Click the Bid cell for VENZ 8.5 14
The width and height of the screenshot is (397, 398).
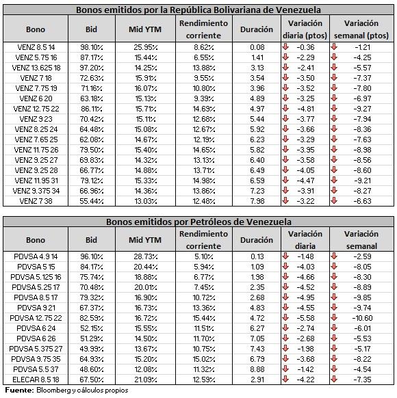pos(92,47)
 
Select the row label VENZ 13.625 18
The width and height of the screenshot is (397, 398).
pos(36,68)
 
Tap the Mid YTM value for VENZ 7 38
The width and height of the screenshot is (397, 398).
pos(146,201)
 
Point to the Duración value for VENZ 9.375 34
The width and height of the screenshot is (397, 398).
pos(257,191)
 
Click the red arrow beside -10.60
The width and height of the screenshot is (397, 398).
pos(334,317)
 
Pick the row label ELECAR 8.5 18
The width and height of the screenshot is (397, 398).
pos(36,380)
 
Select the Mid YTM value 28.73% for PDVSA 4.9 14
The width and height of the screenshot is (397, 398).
pos(146,256)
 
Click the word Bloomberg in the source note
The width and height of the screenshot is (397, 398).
pos(54,390)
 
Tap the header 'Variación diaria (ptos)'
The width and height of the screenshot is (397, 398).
pos(305,29)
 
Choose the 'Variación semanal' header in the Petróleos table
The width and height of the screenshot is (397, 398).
pos(361,240)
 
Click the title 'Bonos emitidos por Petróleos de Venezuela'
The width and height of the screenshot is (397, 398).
pos(198,222)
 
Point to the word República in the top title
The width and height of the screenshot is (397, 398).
pos(191,10)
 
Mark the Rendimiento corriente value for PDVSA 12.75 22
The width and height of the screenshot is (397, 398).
pos(204,318)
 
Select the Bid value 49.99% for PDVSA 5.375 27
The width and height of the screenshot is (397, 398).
pos(92,349)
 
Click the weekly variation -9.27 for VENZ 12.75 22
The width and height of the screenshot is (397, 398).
pos(363,109)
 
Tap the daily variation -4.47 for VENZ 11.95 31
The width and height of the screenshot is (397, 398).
pos(306,181)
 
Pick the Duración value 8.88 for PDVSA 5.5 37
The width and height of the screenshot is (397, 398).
pos(257,369)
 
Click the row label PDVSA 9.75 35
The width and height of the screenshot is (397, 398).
pos(36,359)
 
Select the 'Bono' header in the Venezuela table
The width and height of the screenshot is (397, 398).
pos(36,29)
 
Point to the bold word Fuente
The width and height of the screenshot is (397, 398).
pos(19,390)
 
